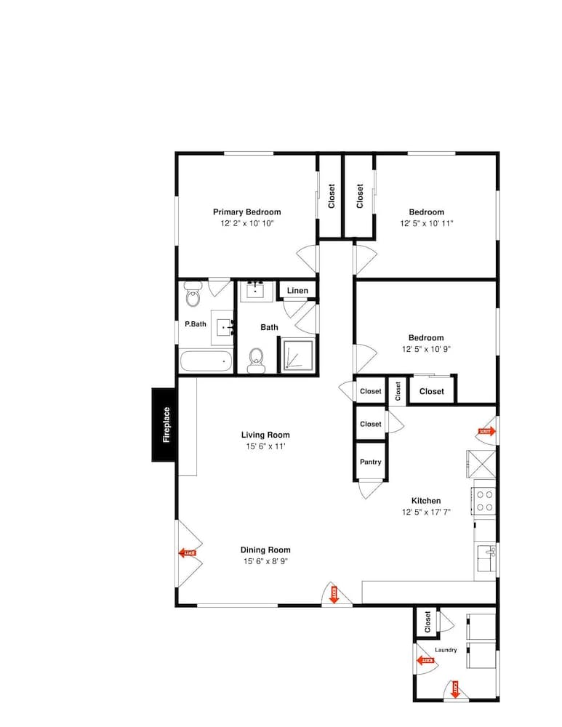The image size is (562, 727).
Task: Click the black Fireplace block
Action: pyautogui.click(x=166, y=425)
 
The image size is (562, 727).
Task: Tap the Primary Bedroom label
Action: pyautogui.click(x=246, y=212)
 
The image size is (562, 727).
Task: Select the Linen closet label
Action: pyautogui.click(x=297, y=291)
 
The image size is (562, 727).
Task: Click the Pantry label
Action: pyautogui.click(x=371, y=462)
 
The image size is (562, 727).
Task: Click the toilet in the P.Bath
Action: pyautogui.click(x=193, y=296)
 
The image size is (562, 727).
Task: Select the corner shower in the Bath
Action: pyautogui.click(x=297, y=356)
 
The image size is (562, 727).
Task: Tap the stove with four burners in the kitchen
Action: pyautogui.click(x=484, y=501)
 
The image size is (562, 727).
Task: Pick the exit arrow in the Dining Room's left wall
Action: pyautogui.click(x=188, y=553)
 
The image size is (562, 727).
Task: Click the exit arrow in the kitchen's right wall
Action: pyautogui.click(x=485, y=431)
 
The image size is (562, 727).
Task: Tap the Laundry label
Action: pyautogui.click(x=446, y=650)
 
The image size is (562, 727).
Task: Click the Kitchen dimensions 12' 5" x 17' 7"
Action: pyautogui.click(x=426, y=512)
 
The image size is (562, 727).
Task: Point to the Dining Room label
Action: pyautogui.click(x=267, y=550)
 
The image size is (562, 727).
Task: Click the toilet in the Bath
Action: pyautogui.click(x=256, y=358)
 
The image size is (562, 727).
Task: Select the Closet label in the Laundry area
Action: pyautogui.click(x=427, y=621)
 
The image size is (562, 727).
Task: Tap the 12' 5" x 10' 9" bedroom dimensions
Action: pyautogui.click(x=426, y=349)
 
